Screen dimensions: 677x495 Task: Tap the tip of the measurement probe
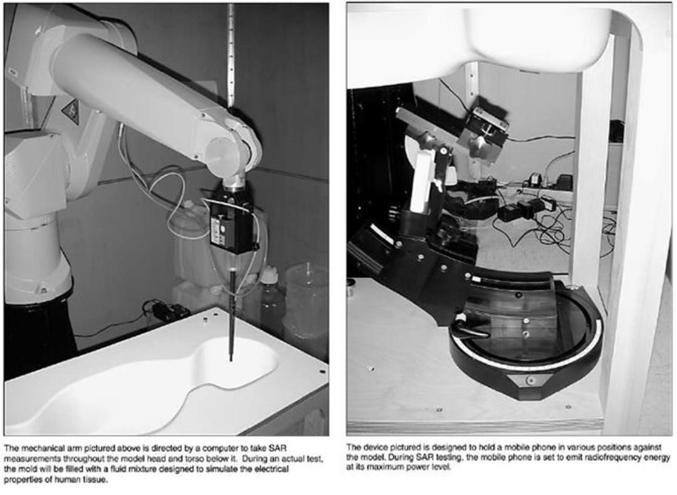click(x=231, y=360)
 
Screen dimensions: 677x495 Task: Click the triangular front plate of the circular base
click(x=529, y=380)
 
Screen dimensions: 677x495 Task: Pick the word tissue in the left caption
click(x=95, y=479)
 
